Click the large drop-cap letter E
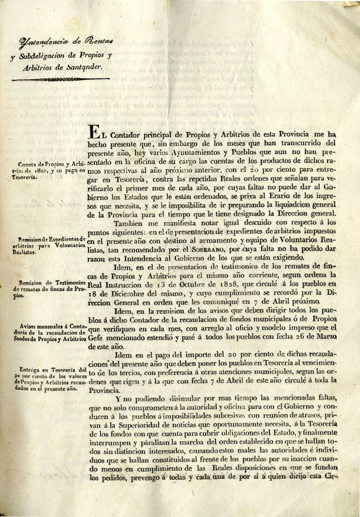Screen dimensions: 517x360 tap(94, 130)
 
